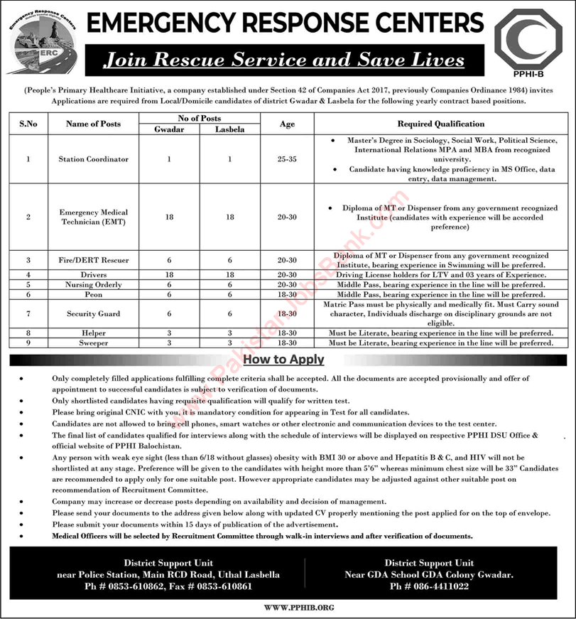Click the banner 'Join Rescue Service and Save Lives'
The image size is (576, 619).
tap(283, 60)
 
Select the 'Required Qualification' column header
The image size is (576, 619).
tap(440, 124)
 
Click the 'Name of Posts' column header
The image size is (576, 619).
tap(93, 124)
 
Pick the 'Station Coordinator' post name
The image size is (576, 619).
tap(93, 159)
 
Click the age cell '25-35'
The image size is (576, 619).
tap(287, 159)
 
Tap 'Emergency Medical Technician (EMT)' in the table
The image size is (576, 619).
tap(93, 217)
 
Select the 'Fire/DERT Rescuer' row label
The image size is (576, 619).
tap(93, 260)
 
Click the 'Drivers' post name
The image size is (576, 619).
tap(93, 274)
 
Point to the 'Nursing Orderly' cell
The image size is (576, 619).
tap(93, 284)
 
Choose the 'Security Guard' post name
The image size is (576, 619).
tap(93, 313)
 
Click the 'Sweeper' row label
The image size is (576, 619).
tap(93, 343)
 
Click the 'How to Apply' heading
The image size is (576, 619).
tap(283, 360)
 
